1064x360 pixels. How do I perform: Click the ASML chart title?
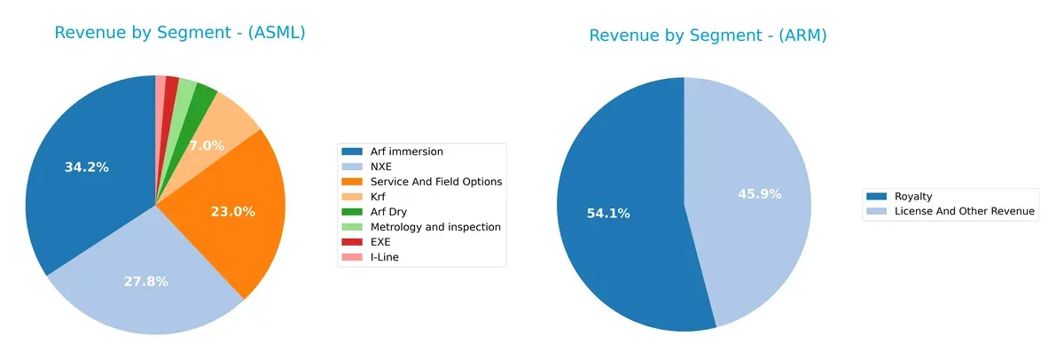click(180, 33)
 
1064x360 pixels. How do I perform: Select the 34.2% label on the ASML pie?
click(87, 167)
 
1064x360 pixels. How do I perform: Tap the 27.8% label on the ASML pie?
click(145, 281)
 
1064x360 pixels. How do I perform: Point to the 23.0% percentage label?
click(233, 212)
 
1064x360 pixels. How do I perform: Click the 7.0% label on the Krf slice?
click(207, 145)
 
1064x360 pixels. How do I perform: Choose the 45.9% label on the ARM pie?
click(760, 193)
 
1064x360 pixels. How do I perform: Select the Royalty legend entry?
click(913, 196)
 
